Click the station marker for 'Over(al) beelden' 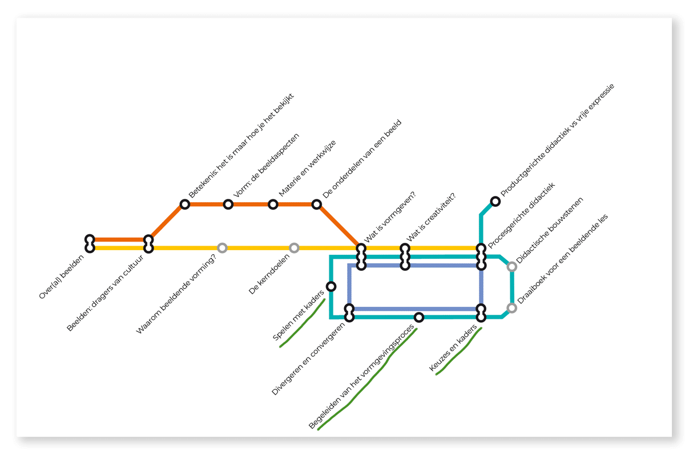pos(90,244)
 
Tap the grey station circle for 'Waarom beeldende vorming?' pos(222,247)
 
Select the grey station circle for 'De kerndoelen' pos(294,247)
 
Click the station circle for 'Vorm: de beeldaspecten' pos(228,204)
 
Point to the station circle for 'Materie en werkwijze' pos(273,204)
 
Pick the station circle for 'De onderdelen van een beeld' pos(317,204)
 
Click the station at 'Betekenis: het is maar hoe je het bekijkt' pos(185,204)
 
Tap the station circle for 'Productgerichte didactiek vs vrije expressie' pos(495,202)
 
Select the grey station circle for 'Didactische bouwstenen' pos(512,267)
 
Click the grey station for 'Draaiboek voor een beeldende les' pos(512,308)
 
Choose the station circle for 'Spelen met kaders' pos(331,287)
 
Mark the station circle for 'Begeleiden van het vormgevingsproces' pos(419,318)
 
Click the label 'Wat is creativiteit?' pos(431,217)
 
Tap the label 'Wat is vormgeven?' pos(390,217)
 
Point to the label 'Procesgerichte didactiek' pos(521,215)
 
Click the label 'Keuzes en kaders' pos(453,348)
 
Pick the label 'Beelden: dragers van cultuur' pos(105,293)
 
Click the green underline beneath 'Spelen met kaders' pos(303,323)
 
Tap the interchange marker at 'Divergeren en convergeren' pos(349,313)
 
